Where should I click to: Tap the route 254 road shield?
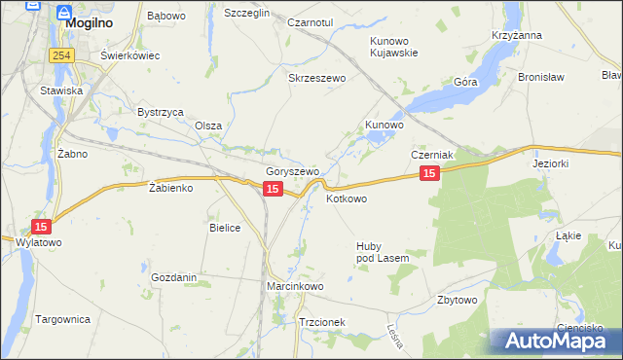(63, 55)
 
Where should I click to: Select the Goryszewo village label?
(293, 171)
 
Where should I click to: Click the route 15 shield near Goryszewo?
(274, 189)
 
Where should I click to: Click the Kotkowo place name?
(347, 198)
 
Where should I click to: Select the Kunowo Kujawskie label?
(393, 47)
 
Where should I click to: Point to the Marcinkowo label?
(295, 287)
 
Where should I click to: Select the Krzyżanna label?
(517, 35)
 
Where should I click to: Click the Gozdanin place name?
(174, 277)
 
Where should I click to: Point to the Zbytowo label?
(458, 300)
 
